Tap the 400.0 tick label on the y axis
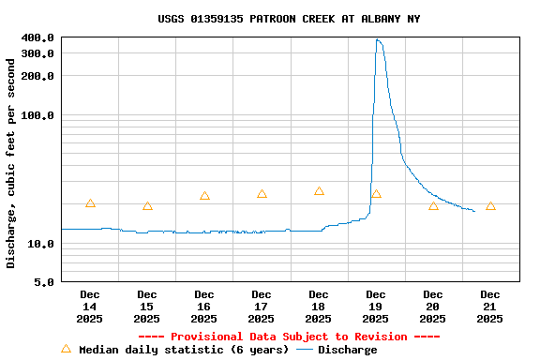tap(38, 37)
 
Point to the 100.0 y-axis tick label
tap(38, 115)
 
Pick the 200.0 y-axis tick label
tap(38, 77)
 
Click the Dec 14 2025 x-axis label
tap(90, 307)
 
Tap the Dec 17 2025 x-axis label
tap(262, 307)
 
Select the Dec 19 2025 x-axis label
tap(376, 307)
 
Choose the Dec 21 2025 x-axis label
tap(490, 307)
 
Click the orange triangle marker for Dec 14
tap(90, 203)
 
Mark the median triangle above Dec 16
tap(204, 196)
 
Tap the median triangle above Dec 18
tap(319, 191)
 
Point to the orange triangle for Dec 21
tap(490, 205)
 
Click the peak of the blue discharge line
tap(377, 39)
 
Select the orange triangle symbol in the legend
tap(66, 349)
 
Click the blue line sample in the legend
tap(304, 350)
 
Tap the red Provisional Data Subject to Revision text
tap(289, 337)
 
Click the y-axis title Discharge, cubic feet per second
tap(11, 163)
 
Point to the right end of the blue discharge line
tap(474, 211)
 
